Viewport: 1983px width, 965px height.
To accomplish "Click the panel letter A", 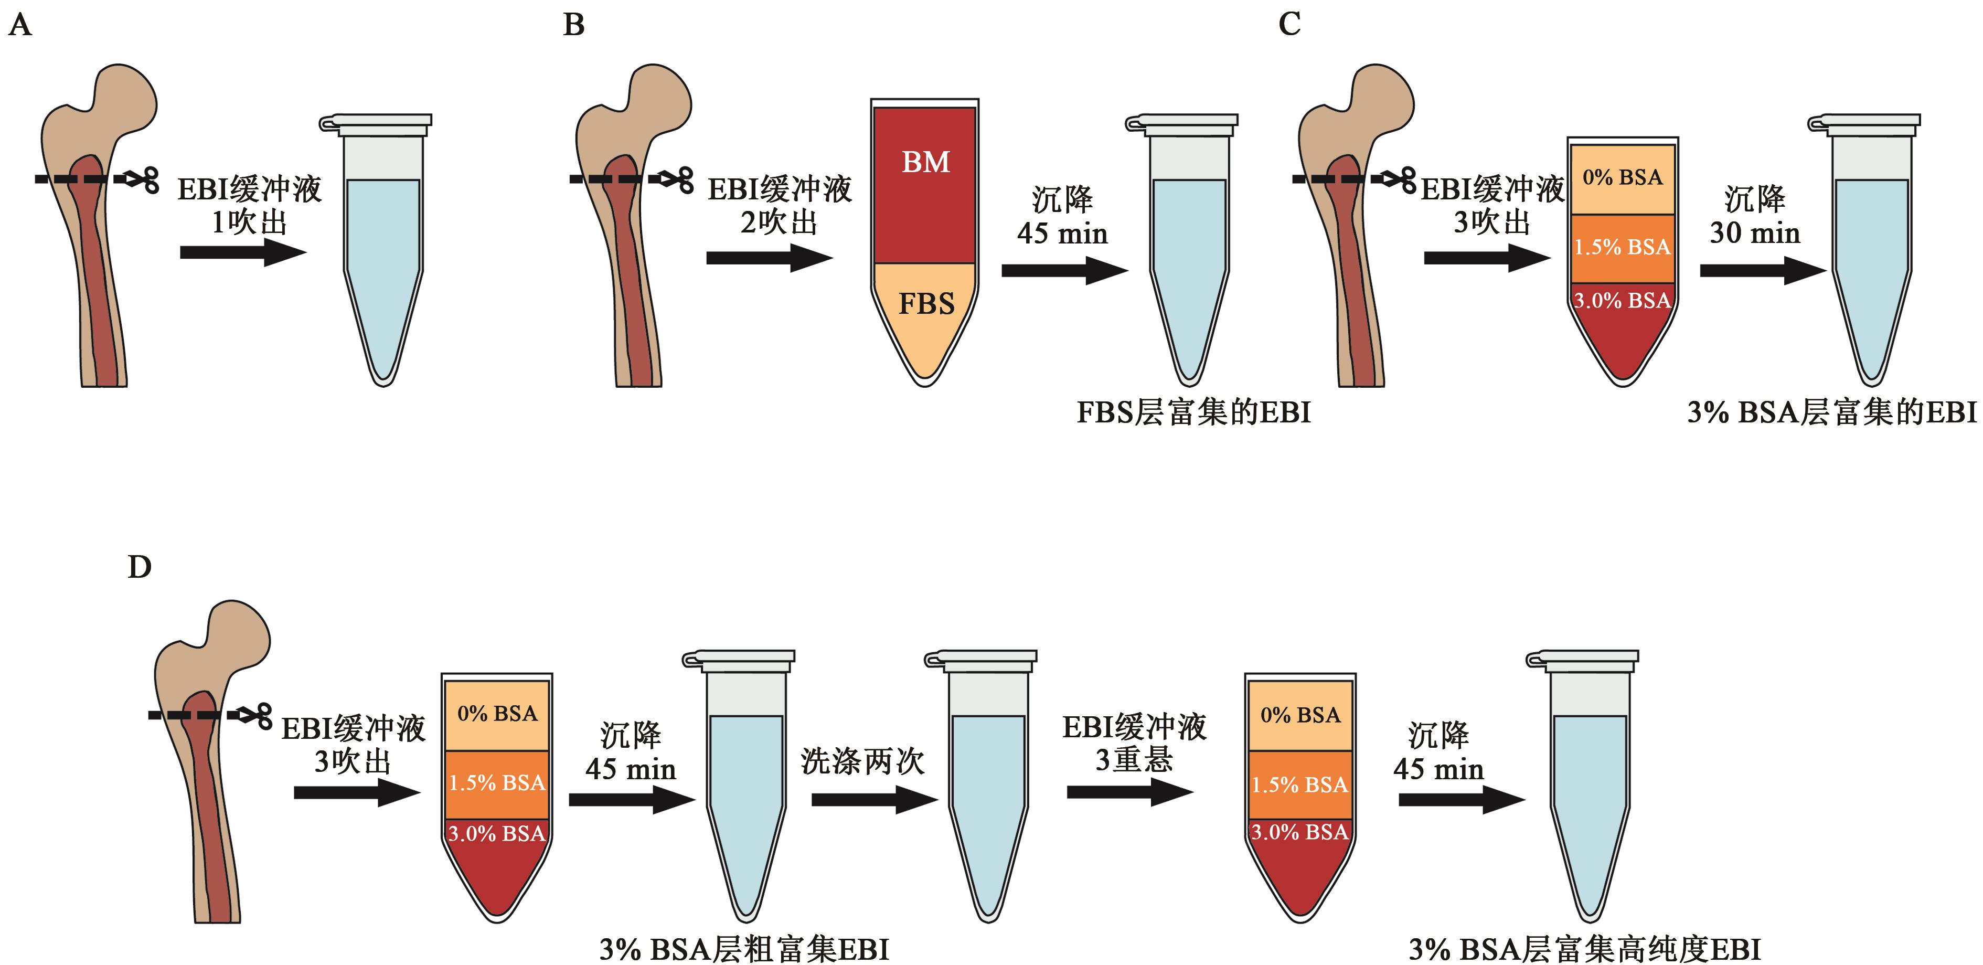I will click(x=20, y=25).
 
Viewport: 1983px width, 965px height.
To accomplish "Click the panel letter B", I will click(x=573, y=25).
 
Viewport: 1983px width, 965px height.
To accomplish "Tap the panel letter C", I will click(x=1289, y=25).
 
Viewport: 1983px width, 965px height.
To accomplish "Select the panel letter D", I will click(x=140, y=568).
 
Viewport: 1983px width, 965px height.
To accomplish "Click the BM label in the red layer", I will click(x=925, y=163).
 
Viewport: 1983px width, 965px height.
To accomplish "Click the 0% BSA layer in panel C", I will click(x=1622, y=178).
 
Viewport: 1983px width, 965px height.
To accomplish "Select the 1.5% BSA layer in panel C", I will click(x=1622, y=247).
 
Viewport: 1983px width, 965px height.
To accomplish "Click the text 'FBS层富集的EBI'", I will click(x=1193, y=413).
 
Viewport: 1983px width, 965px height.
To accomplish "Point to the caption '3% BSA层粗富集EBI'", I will click(x=744, y=949).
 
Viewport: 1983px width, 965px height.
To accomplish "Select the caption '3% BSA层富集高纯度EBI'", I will click(x=1584, y=949).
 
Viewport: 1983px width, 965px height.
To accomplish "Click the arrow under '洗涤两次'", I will click(x=873, y=800).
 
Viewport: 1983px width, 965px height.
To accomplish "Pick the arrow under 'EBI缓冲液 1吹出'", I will click(x=242, y=252).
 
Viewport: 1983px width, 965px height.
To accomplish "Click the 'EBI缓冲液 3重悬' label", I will click(x=1134, y=743).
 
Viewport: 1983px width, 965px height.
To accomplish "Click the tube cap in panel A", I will click(x=377, y=122).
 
